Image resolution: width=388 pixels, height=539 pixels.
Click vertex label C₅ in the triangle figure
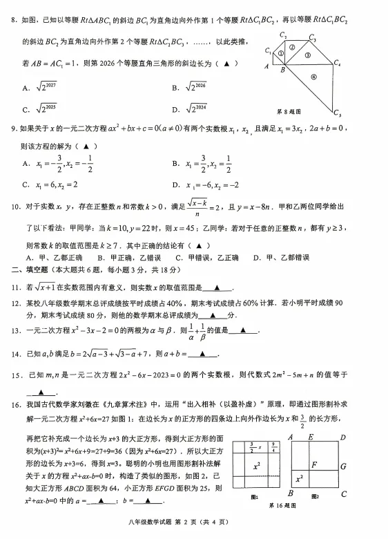338,113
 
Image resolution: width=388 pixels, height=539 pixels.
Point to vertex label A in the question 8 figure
266,67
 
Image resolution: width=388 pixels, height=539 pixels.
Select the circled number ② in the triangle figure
291,47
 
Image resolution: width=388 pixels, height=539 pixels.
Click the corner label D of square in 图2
345,437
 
